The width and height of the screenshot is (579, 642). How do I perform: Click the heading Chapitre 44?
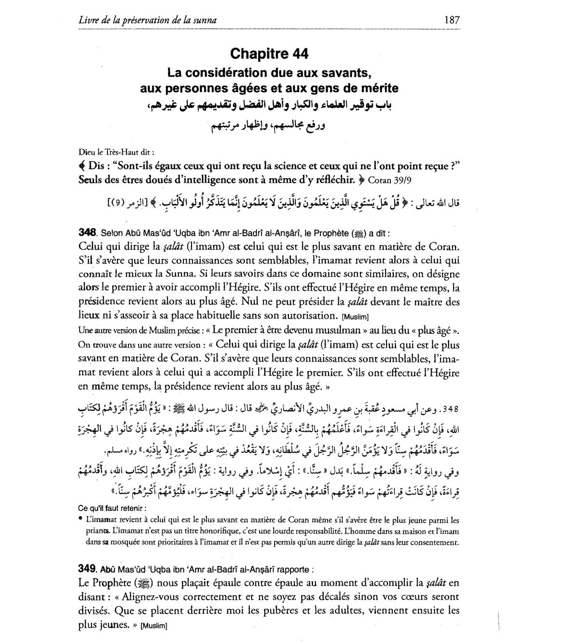269,54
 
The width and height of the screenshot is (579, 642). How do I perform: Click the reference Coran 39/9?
391,180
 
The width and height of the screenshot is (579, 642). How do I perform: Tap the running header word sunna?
206,20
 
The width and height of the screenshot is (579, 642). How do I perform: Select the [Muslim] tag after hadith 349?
153,626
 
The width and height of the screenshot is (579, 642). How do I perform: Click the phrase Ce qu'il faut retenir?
112,508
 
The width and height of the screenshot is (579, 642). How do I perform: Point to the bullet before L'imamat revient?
80,520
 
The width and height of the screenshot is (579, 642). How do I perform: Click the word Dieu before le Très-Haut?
85,151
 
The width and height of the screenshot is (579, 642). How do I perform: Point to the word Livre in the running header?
88,20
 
